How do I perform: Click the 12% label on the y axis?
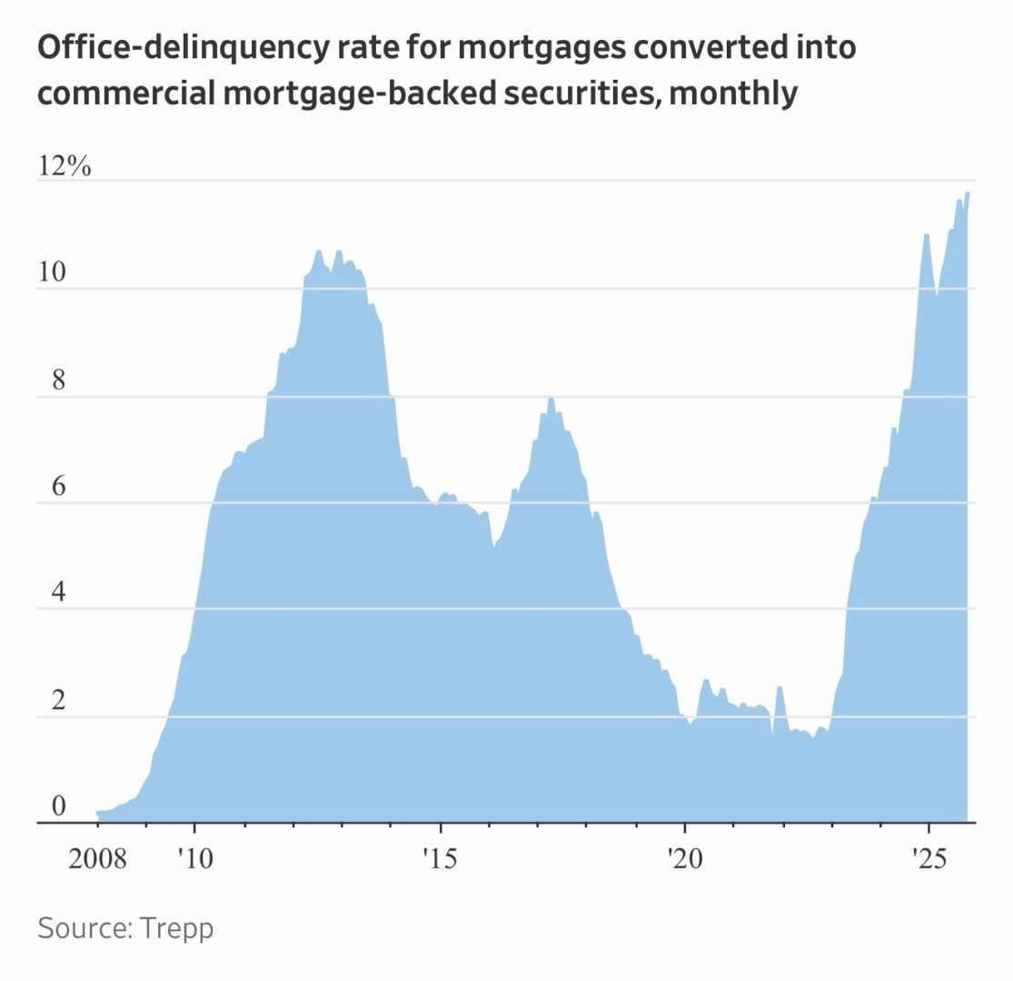point(65,167)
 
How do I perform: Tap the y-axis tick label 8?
point(58,381)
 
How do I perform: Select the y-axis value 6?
point(58,487)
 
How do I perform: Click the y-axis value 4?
point(58,594)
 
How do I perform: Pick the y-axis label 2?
point(58,701)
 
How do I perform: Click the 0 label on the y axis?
point(58,808)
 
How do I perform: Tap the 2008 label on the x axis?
point(97,857)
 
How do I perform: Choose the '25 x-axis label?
point(928,857)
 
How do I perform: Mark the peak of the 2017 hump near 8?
point(551,400)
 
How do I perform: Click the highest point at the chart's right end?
point(968,193)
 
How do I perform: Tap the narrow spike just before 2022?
point(780,688)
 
